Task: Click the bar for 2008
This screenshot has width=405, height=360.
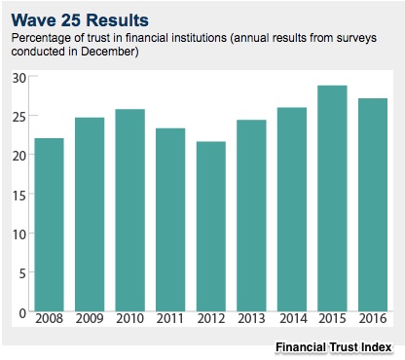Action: (x=49, y=225)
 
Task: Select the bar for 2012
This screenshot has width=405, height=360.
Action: (x=211, y=227)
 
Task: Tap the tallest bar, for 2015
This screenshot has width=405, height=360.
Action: (x=332, y=198)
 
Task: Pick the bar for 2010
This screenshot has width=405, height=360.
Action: (x=130, y=210)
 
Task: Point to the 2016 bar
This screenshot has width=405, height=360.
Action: (x=373, y=205)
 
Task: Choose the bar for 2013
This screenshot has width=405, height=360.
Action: (x=251, y=216)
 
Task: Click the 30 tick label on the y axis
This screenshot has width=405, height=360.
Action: (x=18, y=78)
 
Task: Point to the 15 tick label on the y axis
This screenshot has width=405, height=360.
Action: (x=18, y=196)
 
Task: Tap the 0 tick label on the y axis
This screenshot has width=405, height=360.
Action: (x=22, y=313)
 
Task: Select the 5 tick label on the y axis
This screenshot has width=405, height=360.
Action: (x=22, y=273)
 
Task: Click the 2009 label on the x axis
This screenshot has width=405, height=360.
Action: (x=90, y=318)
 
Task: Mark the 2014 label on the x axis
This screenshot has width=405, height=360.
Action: (x=293, y=318)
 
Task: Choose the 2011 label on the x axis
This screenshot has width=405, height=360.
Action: (x=170, y=318)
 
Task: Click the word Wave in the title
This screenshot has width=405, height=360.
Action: (x=33, y=20)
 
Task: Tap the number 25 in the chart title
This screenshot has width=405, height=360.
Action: (x=70, y=20)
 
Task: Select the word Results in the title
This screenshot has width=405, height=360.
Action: (x=118, y=20)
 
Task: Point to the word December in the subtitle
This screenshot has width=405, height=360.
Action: (x=108, y=52)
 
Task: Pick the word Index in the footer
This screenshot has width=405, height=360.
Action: (x=376, y=347)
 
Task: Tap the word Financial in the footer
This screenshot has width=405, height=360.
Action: (x=301, y=347)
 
